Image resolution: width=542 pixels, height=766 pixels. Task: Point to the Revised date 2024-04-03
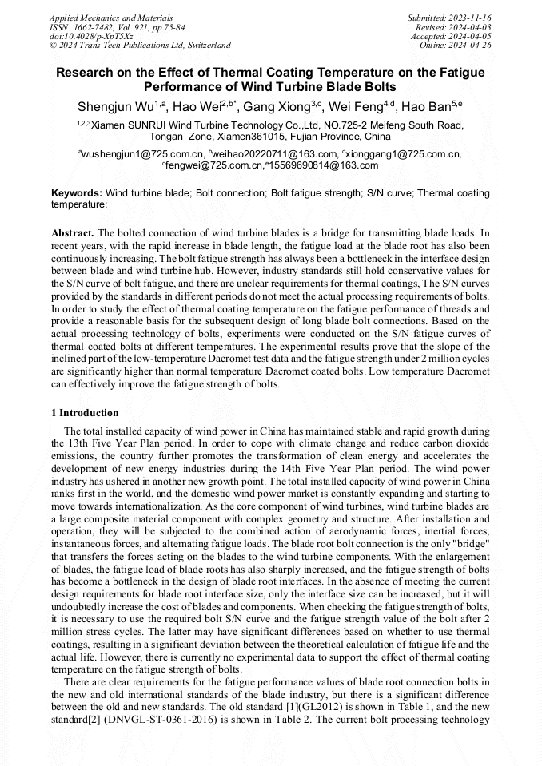(470, 26)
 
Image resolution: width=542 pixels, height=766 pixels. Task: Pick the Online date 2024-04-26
(471, 46)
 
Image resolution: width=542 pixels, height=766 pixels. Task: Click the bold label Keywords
(77, 193)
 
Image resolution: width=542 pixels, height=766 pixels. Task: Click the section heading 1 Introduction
(85, 413)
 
